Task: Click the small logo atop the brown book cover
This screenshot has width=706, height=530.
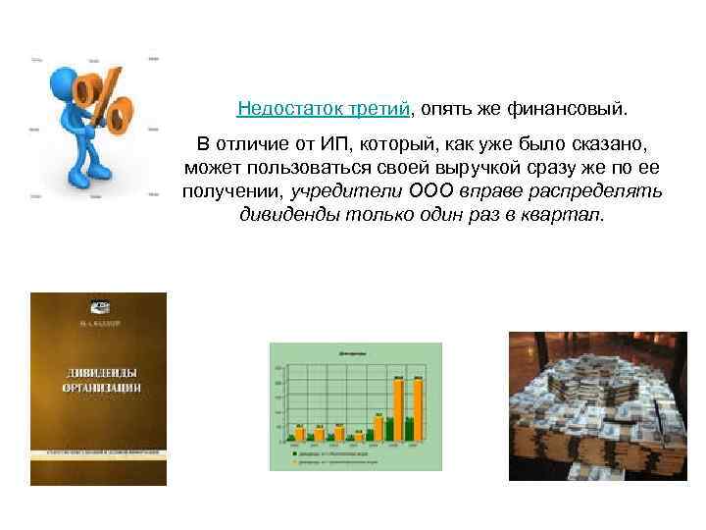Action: click(97, 303)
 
